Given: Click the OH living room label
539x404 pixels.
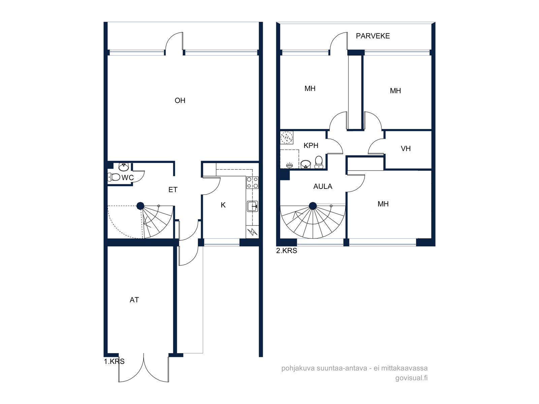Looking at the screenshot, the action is point(180,101).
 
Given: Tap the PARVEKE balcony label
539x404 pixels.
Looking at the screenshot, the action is point(373,36).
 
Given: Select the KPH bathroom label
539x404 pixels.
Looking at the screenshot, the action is point(311,145).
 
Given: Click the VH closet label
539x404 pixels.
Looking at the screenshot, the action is point(406,148).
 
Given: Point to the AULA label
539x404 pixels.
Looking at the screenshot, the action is point(323,187).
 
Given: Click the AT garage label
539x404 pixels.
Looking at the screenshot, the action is point(134,300).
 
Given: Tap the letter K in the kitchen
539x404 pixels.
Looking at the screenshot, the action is point(223,205).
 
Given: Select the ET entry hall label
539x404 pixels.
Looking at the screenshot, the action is point(173,190).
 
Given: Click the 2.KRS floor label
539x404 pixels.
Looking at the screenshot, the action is point(287,251).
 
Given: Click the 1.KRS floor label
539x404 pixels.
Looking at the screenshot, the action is point(114,361).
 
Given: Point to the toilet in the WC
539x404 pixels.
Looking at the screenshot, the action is point(114,177).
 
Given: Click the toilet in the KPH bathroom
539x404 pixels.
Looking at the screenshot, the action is point(319,162).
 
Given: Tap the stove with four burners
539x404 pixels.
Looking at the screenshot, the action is point(252,183).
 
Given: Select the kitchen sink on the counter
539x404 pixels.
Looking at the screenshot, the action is point(252,206).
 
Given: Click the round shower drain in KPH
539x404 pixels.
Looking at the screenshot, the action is point(287,138).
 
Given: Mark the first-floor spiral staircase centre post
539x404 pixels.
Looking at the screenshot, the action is point(140,206).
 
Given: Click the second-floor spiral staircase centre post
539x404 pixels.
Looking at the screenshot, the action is point(313,206).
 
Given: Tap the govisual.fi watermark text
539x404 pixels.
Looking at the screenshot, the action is point(411,378).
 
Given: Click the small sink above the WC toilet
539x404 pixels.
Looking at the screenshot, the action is point(124,167).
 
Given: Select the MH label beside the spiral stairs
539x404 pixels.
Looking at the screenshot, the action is point(383,204).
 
